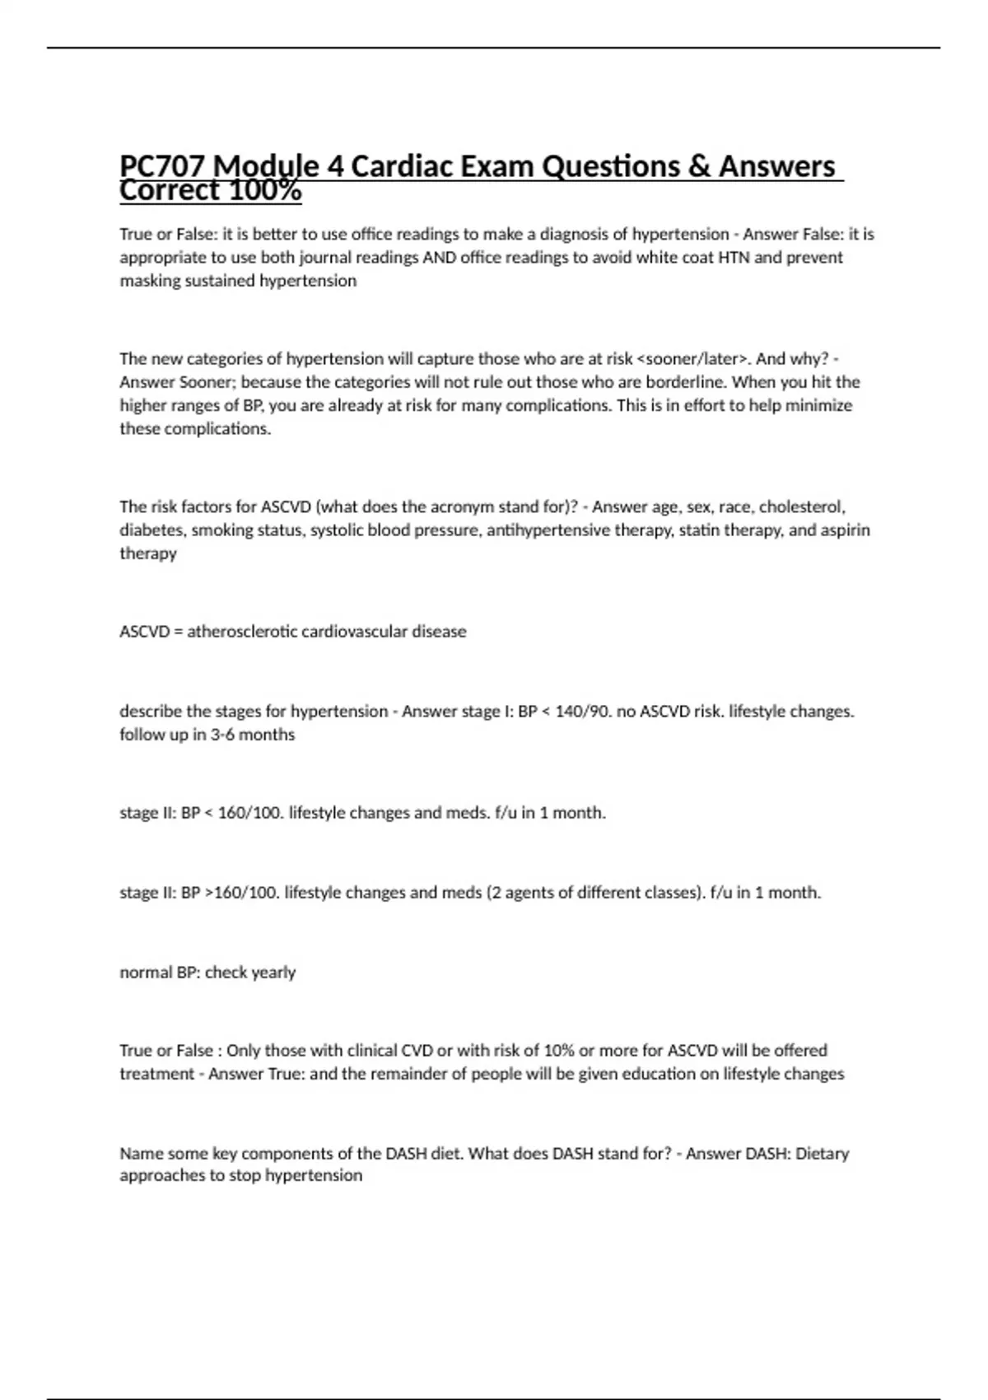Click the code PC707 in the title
click(162, 167)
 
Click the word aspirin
click(844, 530)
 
